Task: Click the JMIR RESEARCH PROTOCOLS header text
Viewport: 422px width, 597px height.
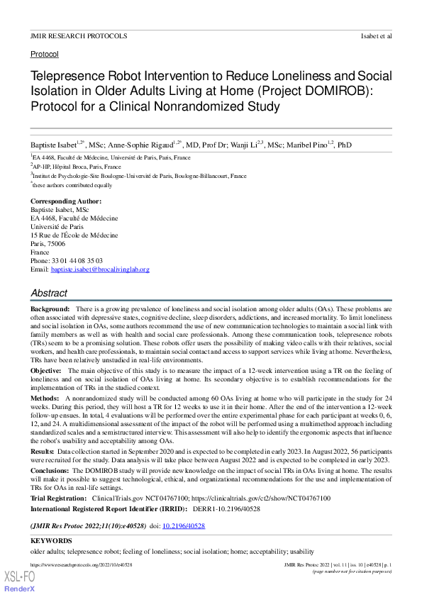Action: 79,35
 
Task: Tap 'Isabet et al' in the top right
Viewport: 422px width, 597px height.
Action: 376,35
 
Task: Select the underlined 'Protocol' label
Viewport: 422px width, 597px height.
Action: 44,54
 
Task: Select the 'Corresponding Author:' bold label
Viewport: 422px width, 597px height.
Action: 64,202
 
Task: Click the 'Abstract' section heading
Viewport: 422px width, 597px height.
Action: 49,293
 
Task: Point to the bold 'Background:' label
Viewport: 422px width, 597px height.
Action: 50,311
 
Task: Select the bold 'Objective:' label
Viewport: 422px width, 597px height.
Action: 46,370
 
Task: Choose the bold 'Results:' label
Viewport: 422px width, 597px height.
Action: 43,450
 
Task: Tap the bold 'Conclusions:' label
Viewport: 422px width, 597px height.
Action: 50,469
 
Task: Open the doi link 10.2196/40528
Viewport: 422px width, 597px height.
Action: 184,526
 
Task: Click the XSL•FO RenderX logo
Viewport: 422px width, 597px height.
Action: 20,581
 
